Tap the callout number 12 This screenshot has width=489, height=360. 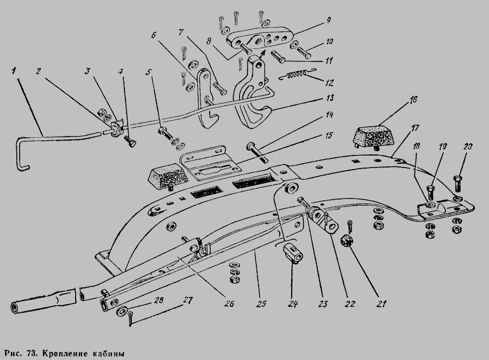pos(329,83)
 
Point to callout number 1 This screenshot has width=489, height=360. pos(14,71)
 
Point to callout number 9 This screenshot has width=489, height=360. pos(328,21)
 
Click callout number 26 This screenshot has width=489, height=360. pos(229,303)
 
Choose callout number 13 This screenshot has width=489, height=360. pos(329,98)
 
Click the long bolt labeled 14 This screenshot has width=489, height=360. pos(258,152)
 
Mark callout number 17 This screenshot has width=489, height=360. pos(415,128)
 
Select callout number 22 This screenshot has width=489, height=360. pos(349,303)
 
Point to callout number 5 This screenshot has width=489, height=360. pos(148,72)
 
